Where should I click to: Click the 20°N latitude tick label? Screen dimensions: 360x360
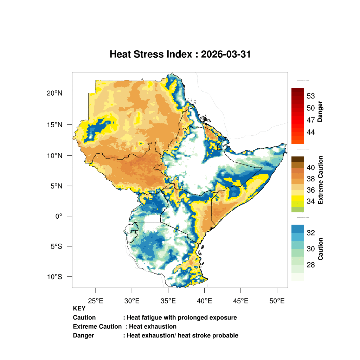(54, 93)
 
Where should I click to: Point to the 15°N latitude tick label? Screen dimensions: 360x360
(54, 124)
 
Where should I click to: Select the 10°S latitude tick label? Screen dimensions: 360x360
(54, 277)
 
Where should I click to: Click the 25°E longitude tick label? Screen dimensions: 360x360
(96, 301)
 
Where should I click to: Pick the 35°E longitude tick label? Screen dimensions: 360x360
(168, 301)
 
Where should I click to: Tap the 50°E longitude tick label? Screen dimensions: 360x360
(277, 301)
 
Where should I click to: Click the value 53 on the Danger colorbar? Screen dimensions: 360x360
(310, 96)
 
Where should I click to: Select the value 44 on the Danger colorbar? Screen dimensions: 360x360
(310, 132)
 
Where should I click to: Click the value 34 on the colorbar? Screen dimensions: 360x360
(310, 201)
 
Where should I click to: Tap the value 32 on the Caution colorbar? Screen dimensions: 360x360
(310, 233)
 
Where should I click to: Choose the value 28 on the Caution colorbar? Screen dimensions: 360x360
(310, 265)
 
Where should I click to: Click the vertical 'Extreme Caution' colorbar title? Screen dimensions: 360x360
(320, 180)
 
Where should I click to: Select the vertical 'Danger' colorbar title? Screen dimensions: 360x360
(320, 111)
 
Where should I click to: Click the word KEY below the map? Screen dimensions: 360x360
(79, 309)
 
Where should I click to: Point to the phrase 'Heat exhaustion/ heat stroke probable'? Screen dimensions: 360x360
(182, 335)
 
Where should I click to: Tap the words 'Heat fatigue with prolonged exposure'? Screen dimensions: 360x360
(182, 317)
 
